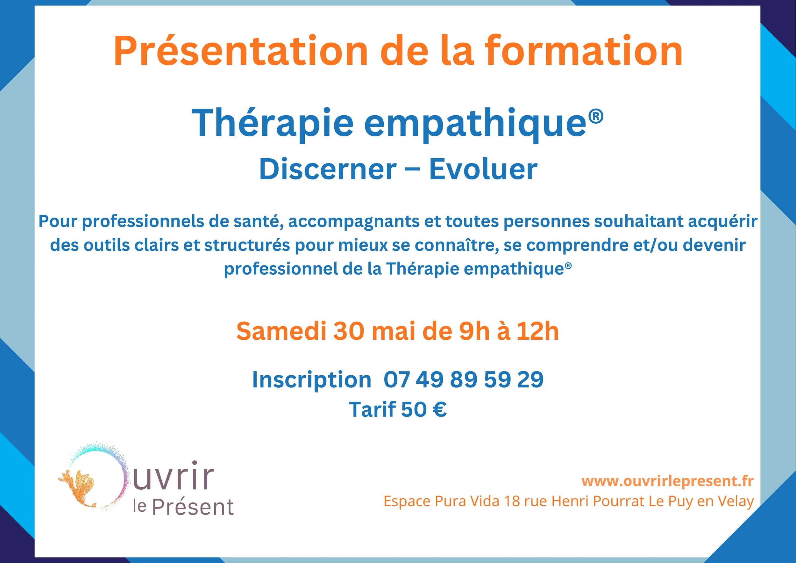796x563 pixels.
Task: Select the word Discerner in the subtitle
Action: [328, 169]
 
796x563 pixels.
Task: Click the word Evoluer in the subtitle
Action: [483, 169]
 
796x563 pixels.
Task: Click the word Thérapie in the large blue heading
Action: [273, 123]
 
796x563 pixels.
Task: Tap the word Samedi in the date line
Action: [281, 331]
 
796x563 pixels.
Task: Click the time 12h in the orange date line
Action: [538, 331]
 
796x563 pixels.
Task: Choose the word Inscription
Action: [312, 379]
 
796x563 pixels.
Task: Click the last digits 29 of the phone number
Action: [530, 379]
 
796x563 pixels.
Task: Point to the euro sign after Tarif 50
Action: [440, 410]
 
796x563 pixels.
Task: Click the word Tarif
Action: [372, 410]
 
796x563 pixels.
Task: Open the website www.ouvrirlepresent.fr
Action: [667, 481]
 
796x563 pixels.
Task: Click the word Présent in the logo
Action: [193, 508]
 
